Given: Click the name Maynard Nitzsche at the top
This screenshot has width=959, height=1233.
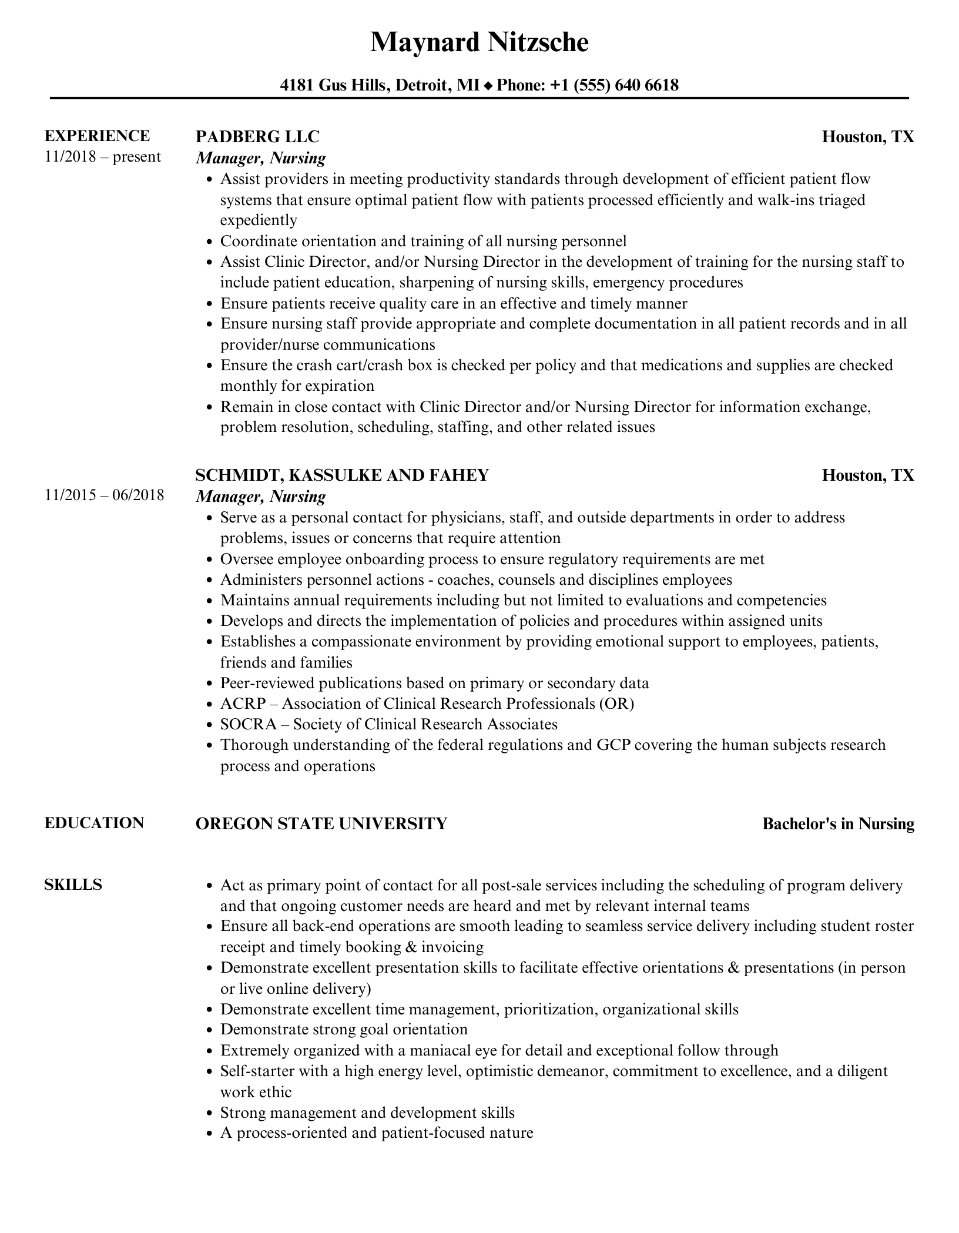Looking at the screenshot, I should point(479,43).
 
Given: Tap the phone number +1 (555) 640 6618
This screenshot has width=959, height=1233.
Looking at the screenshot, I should point(614,85).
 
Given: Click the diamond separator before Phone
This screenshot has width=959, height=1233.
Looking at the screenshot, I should point(488,86).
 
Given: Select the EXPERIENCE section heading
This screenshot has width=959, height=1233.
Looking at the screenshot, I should point(97,136).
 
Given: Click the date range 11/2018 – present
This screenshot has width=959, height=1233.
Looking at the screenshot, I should point(102,157).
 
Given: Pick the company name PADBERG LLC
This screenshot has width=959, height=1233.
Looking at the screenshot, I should point(257,136).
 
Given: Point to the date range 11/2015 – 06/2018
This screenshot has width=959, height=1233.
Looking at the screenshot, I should point(104,495).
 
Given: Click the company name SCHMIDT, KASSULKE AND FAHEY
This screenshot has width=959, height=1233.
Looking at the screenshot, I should point(342,475).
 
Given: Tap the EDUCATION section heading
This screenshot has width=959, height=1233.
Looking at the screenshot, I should point(94,823).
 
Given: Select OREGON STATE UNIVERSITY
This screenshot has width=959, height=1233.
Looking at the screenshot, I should point(321,823).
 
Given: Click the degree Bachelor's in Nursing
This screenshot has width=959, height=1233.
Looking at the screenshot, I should point(838,824).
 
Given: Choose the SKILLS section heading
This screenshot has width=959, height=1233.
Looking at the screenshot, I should point(73,884).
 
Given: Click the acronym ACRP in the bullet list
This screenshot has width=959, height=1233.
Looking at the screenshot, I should point(243,703).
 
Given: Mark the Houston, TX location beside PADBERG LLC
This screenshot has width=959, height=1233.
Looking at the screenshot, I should point(868,137).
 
